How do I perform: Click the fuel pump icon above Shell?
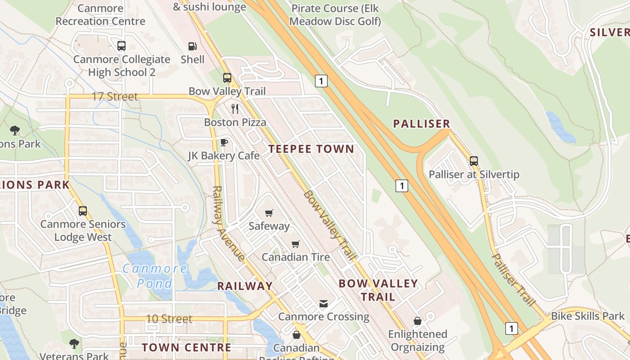(192, 46)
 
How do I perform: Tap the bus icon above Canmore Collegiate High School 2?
(121, 45)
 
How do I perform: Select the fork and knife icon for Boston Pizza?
(234, 108)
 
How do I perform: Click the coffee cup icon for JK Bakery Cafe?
(224, 142)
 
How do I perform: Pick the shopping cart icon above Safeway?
(269, 212)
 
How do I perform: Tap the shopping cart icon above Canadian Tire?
(295, 244)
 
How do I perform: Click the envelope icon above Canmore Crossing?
(323, 303)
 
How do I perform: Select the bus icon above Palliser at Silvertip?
(473, 161)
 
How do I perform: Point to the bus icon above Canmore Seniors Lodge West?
(82, 211)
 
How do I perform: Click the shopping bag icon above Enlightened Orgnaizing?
(418, 321)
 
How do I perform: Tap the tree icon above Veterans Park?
(74, 344)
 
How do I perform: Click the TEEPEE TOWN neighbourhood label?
(311, 149)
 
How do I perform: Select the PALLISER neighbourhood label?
(421, 124)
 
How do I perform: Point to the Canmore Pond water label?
(155, 276)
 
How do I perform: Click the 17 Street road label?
(115, 97)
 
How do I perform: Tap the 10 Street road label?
(169, 319)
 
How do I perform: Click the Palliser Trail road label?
(513, 279)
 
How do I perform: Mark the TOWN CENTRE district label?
(186, 347)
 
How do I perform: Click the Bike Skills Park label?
(588, 316)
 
